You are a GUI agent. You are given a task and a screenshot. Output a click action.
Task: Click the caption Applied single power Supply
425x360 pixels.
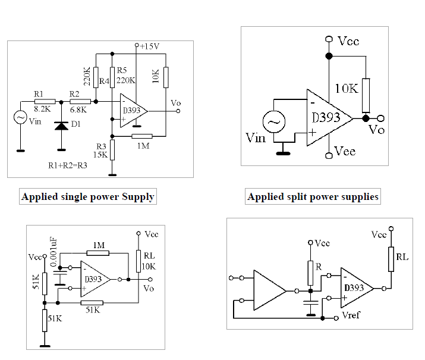point(88,196)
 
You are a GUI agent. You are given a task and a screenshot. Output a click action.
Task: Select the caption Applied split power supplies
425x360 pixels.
point(313,196)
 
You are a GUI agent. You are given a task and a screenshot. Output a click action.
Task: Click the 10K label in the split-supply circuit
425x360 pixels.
point(347,89)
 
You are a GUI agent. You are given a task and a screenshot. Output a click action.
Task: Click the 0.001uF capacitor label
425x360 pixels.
point(53,252)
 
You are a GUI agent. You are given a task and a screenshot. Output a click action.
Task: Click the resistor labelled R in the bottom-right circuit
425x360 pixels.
point(310,272)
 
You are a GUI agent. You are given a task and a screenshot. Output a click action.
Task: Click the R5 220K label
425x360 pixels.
point(126,76)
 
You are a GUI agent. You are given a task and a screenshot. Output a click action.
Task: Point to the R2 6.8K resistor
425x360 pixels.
point(80,102)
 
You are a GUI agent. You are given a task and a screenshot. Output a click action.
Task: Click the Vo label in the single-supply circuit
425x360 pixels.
point(175,102)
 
